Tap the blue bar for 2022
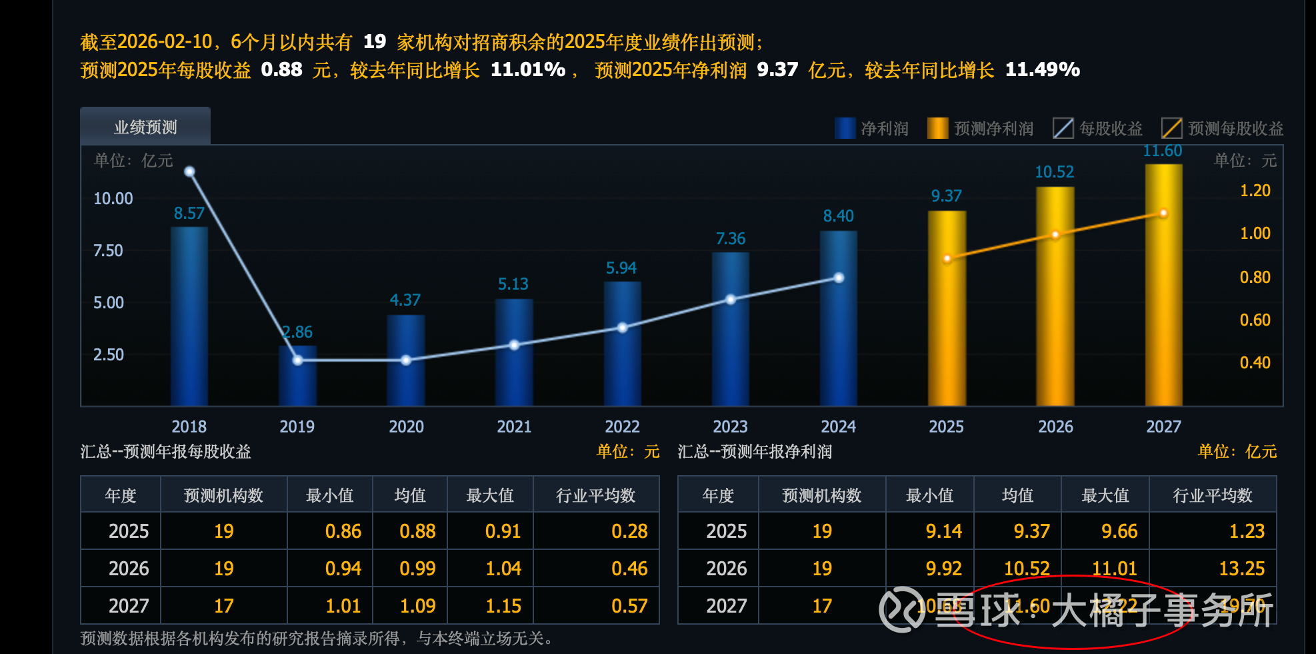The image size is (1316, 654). [622, 343]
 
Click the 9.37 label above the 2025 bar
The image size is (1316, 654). [946, 196]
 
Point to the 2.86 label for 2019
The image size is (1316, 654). [297, 332]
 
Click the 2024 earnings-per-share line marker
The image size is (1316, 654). [839, 278]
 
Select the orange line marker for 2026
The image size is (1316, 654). [1055, 235]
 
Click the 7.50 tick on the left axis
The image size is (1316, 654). [108, 251]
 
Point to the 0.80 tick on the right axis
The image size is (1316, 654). [1255, 278]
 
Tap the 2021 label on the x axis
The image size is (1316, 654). [514, 427]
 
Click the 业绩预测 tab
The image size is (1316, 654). [145, 127]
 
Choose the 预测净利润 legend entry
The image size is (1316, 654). [981, 128]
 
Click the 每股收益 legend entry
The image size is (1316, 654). [1098, 128]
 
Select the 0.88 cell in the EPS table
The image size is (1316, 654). [417, 531]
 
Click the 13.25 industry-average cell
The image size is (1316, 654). [1241, 569]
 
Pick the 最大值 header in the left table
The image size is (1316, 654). [490, 496]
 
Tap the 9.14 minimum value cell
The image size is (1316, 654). [943, 531]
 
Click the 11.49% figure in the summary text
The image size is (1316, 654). [1042, 70]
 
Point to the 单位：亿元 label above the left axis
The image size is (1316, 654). [133, 161]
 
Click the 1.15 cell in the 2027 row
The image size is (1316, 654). [503, 606]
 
